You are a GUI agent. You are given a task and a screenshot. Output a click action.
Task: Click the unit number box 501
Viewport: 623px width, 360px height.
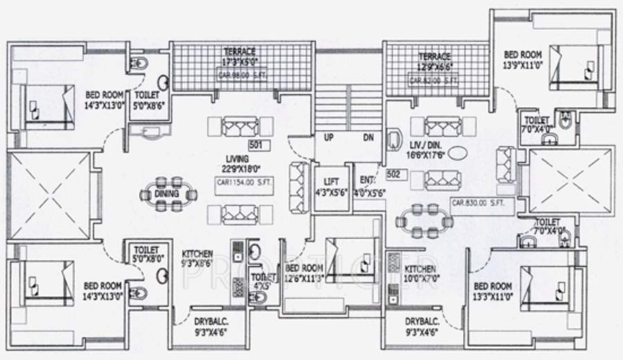point(255,145)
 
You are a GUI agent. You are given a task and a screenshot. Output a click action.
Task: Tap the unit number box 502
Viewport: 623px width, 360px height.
point(395,174)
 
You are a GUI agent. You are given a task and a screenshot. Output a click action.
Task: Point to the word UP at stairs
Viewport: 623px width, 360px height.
point(329,138)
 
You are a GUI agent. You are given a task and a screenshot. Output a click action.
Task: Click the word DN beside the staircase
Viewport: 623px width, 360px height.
point(368,138)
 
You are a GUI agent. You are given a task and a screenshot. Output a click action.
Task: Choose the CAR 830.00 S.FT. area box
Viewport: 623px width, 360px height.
point(479,204)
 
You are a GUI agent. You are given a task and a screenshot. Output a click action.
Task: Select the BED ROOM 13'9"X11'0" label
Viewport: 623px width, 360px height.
point(522,59)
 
